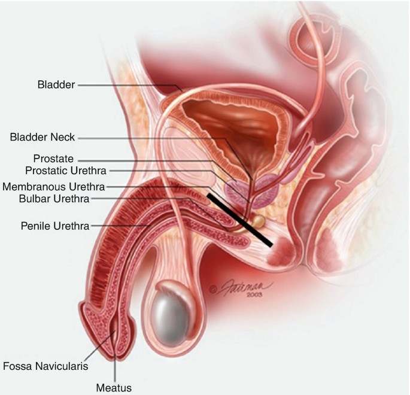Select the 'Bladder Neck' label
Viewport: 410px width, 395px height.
[42, 137]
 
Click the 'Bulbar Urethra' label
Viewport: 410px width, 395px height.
[54, 199]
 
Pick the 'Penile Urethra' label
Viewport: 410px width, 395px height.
[54, 226]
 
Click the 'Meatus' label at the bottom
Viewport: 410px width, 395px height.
[114, 387]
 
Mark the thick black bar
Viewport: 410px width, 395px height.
[239, 220]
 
